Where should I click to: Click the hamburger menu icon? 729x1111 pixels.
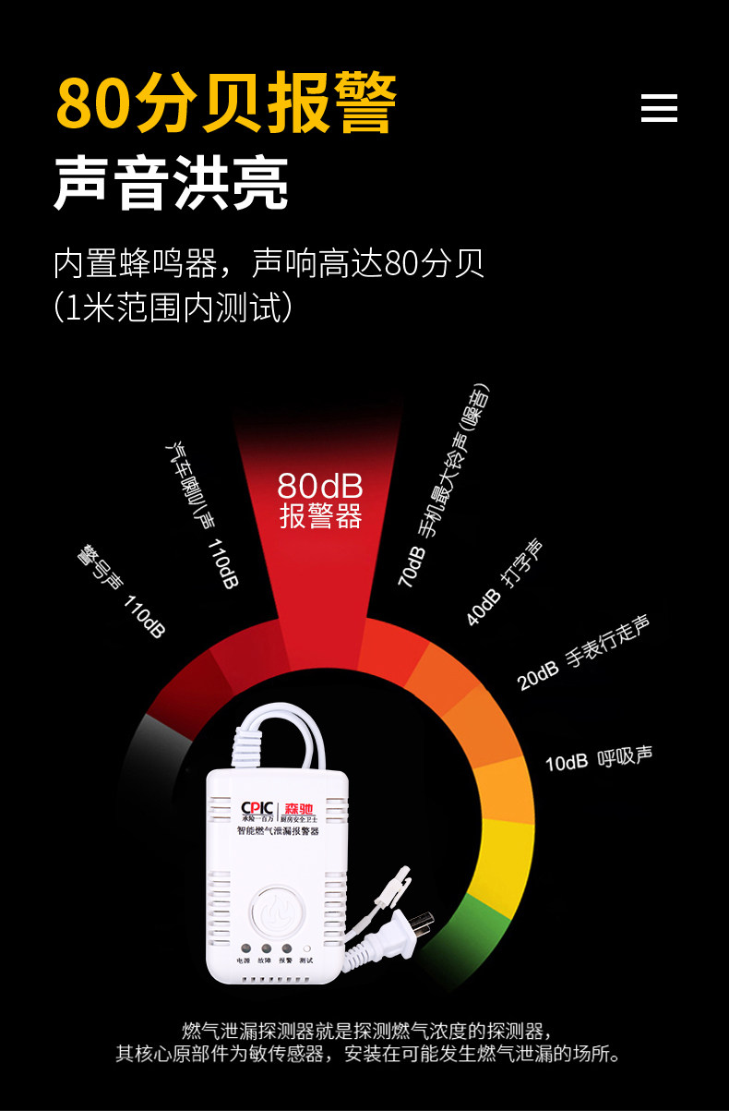point(659,108)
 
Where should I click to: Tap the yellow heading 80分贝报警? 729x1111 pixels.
point(226,103)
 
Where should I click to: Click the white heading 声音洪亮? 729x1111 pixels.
point(172,185)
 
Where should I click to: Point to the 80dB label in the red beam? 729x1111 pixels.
point(319,486)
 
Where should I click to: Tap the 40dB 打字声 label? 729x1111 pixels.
point(504,582)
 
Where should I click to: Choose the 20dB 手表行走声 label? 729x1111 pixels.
point(583,653)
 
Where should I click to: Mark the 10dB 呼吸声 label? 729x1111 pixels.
point(598,758)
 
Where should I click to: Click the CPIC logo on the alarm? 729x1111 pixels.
point(255,810)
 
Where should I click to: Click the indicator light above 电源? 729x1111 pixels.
point(244,948)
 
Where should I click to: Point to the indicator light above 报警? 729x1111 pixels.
point(286,948)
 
